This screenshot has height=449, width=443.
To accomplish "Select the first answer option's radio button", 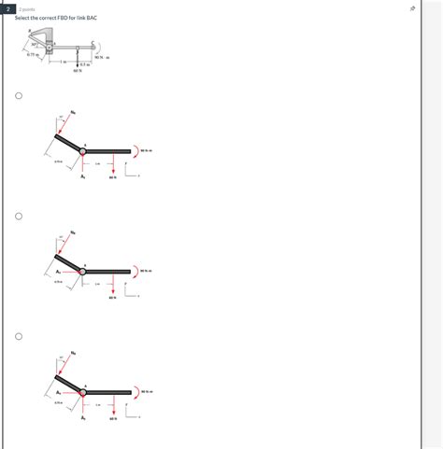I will click(x=18, y=95).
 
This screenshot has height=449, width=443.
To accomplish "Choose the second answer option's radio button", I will click(x=18, y=216).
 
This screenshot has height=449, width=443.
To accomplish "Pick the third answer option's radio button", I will click(x=18, y=336).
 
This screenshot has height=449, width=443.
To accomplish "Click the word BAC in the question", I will click(x=90, y=18).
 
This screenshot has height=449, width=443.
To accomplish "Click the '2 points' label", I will click(x=27, y=7).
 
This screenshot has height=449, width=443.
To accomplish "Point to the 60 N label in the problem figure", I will click(x=78, y=70).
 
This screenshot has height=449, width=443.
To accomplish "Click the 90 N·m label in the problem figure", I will click(x=104, y=58).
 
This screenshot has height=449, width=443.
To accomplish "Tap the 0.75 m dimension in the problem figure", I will click(x=33, y=55).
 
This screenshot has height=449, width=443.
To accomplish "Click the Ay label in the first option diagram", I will click(x=83, y=175).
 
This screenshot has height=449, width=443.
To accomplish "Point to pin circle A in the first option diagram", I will click(x=83, y=149).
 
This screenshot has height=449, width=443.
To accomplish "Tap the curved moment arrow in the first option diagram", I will click(x=136, y=150).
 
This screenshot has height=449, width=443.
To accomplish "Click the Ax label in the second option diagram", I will click(x=58, y=272).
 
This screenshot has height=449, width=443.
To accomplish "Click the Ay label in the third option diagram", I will click(x=83, y=418).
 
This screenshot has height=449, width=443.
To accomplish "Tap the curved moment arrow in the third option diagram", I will click(x=136, y=392).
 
